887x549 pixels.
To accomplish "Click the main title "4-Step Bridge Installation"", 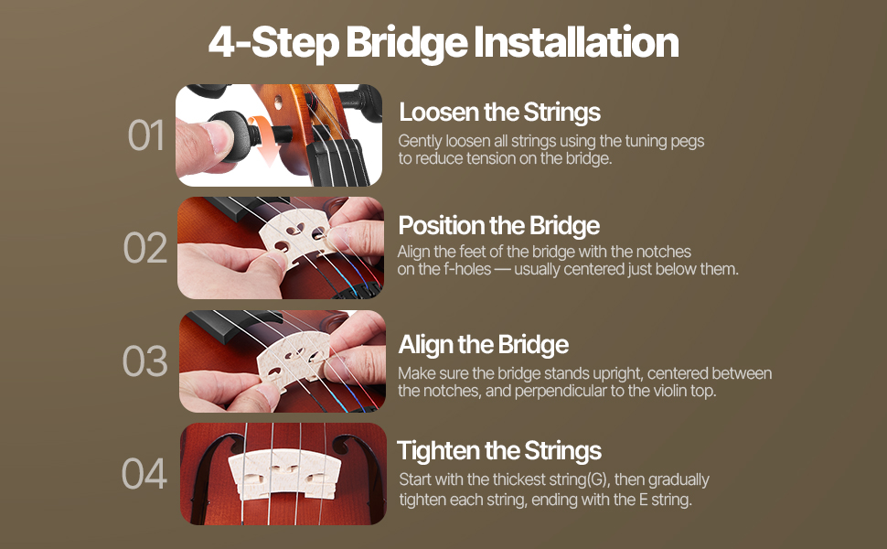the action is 443,42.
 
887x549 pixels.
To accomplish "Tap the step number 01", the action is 146,135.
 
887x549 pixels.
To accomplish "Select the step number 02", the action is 145,248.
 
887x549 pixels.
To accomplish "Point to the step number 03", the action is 144,361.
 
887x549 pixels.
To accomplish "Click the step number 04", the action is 144,473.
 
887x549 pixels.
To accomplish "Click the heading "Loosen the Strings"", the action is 499,112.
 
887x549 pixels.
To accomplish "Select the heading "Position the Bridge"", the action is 499,225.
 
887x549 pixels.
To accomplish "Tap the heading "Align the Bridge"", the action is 484,345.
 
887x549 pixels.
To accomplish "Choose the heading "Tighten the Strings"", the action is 499,451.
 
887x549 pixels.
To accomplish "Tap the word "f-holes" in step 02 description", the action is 467,269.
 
